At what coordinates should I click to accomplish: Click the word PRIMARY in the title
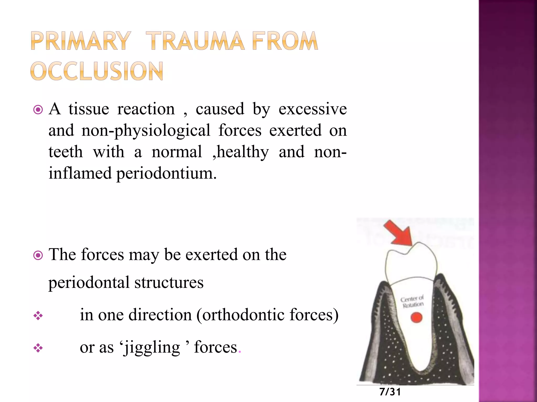[80, 41]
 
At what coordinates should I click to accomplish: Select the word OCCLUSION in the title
[97, 71]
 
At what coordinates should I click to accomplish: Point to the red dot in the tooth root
[416, 318]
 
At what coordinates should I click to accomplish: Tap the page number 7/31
[390, 392]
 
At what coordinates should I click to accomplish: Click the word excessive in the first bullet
[313, 109]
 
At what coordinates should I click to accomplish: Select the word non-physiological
[146, 131]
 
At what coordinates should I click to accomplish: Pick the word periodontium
[166, 174]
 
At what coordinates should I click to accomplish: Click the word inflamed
[80, 174]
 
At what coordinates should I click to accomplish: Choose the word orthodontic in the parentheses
[243, 315]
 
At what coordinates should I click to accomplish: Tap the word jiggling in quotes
[152, 348]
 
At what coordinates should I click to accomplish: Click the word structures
[169, 283]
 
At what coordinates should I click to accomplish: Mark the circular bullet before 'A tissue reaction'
[38, 110]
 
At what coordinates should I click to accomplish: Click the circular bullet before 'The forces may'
[38, 255]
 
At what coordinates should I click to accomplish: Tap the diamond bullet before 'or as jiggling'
[38, 348]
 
